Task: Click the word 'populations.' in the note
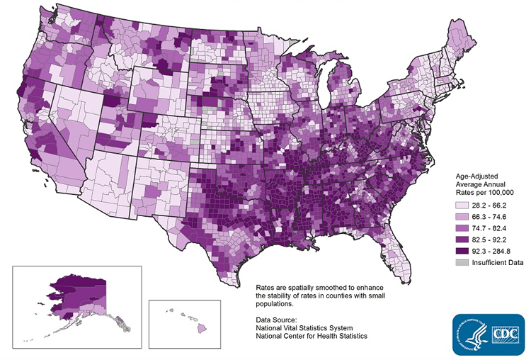[x=275, y=303]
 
